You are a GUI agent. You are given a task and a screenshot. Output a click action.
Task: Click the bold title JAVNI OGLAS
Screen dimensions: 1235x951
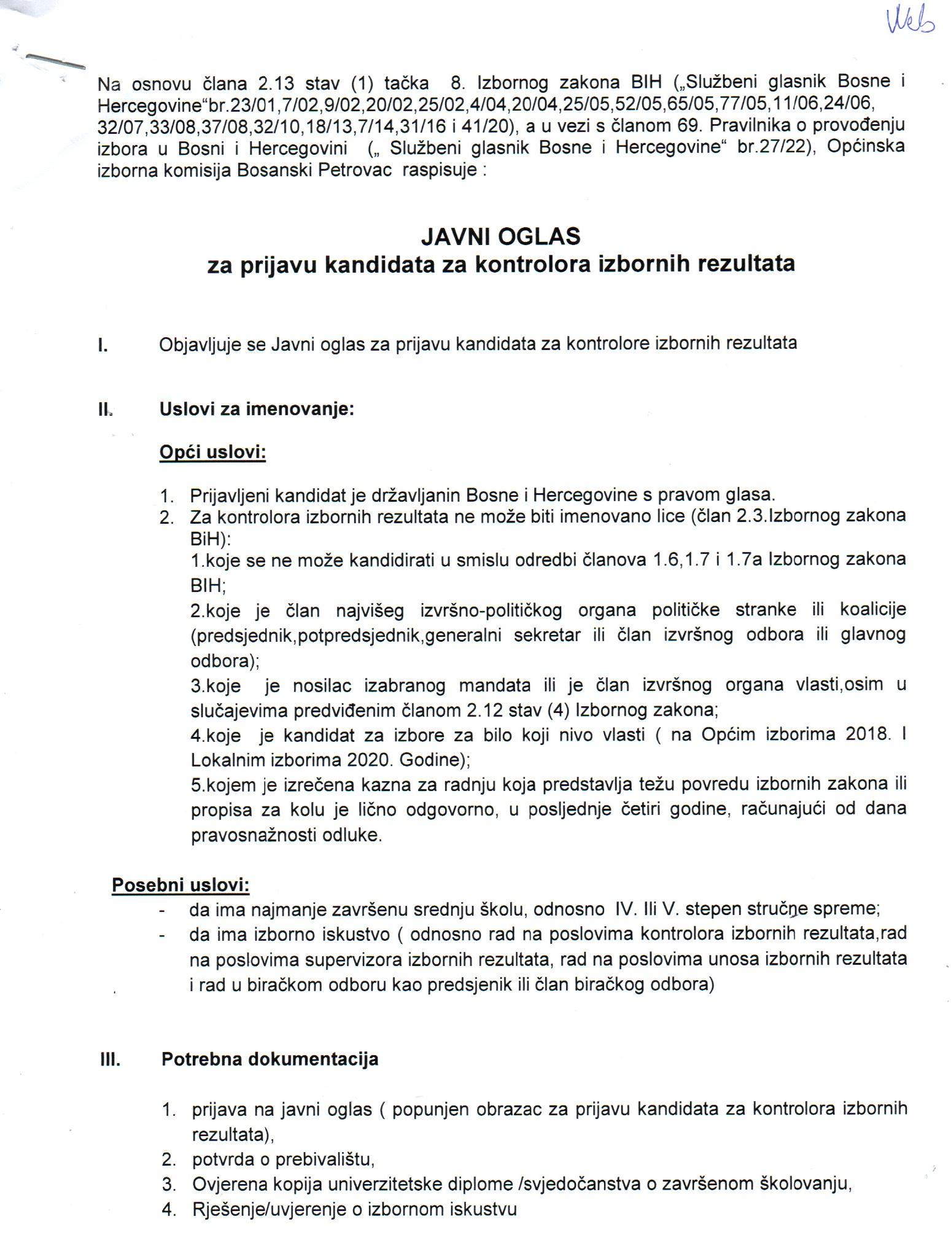500,236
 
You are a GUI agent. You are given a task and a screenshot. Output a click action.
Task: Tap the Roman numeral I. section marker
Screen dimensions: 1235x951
103,346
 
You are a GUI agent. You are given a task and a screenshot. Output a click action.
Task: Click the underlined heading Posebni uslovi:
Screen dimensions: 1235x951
180,885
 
